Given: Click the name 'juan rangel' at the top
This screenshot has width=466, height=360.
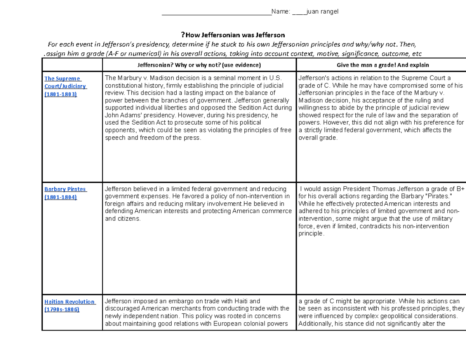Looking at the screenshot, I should [322, 11].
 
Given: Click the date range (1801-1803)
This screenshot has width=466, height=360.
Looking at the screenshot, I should [61, 94].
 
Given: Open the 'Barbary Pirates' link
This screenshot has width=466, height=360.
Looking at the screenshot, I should [65, 189].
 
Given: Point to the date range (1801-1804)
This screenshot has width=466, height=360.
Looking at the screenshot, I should [61, 197].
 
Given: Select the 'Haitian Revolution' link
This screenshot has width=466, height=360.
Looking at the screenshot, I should [69, 302].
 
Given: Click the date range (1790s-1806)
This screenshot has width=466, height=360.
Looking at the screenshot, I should [62, 310].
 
